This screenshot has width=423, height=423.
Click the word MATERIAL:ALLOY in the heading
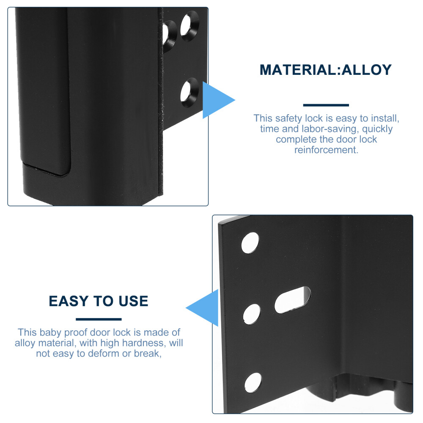click(326, 70)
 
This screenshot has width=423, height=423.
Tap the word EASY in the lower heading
click(69, 301)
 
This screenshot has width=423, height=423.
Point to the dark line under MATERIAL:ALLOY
click(326, 105)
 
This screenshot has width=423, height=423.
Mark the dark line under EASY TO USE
click(99, 319)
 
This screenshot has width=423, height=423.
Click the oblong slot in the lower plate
click(292, 300)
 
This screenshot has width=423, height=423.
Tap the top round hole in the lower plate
click(250, 243)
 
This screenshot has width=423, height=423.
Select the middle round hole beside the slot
click(252, 314)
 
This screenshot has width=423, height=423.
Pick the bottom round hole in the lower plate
click(253, 383)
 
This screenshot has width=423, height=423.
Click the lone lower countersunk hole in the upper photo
click(190, 93)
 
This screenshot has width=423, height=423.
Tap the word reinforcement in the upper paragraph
click(326, 150)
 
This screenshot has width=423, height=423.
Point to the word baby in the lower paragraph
click(50, 332)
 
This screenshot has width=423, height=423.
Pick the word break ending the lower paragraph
click(148, 353)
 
